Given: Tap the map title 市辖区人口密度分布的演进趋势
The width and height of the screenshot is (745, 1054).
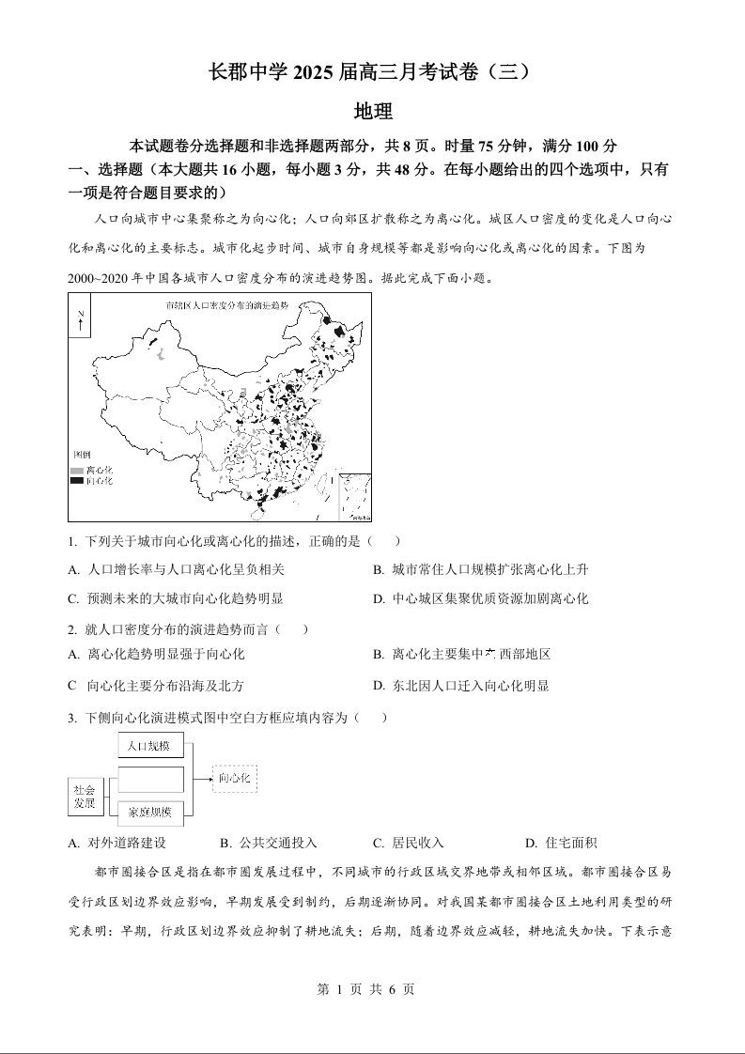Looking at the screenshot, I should click(226, 306).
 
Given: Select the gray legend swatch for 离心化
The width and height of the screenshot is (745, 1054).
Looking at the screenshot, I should click(76, 469).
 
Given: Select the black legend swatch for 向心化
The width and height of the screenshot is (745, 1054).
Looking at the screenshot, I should click(76, 480).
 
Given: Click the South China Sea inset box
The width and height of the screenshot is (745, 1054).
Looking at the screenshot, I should click(354, 497).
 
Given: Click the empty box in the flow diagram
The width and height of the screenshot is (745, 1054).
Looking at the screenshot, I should click(150, 779).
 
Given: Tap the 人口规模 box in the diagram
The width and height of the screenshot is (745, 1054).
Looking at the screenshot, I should click(150, 746).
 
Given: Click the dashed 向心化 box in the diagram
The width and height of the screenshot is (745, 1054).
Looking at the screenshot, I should click(234, 778).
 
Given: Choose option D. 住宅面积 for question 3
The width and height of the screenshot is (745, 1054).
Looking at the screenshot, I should click(561, 843).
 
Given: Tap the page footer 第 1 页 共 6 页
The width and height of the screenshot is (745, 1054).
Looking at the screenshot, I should click(372, 989).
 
